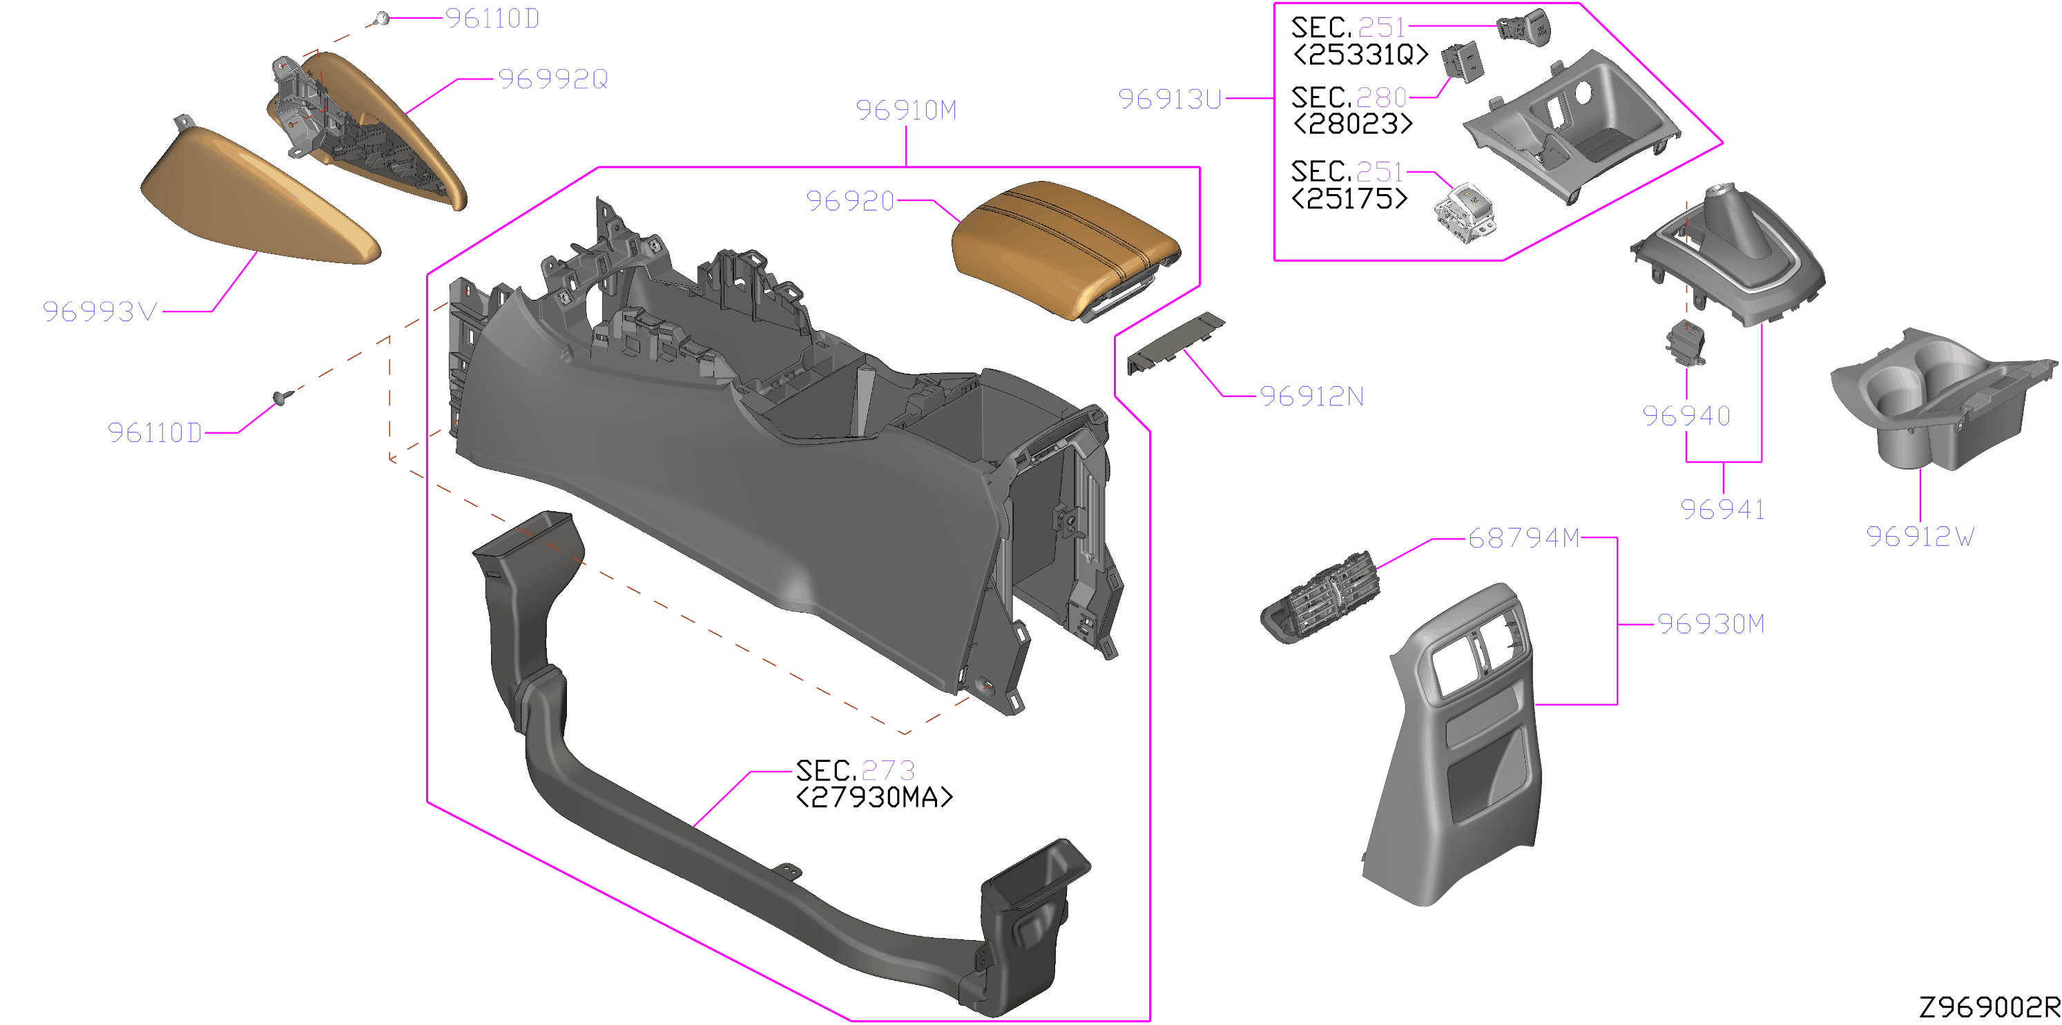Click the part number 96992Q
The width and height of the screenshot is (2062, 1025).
click(553, 79)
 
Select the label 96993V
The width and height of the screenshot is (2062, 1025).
click(100, 312)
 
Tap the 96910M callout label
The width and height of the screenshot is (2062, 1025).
click(906, 111)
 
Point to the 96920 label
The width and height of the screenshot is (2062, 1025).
click(850, 201)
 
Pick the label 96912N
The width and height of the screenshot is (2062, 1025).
click(1312, 396)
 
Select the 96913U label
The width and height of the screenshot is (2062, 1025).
click(1170, 99)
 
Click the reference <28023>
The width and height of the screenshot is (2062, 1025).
click(1353, 124)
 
